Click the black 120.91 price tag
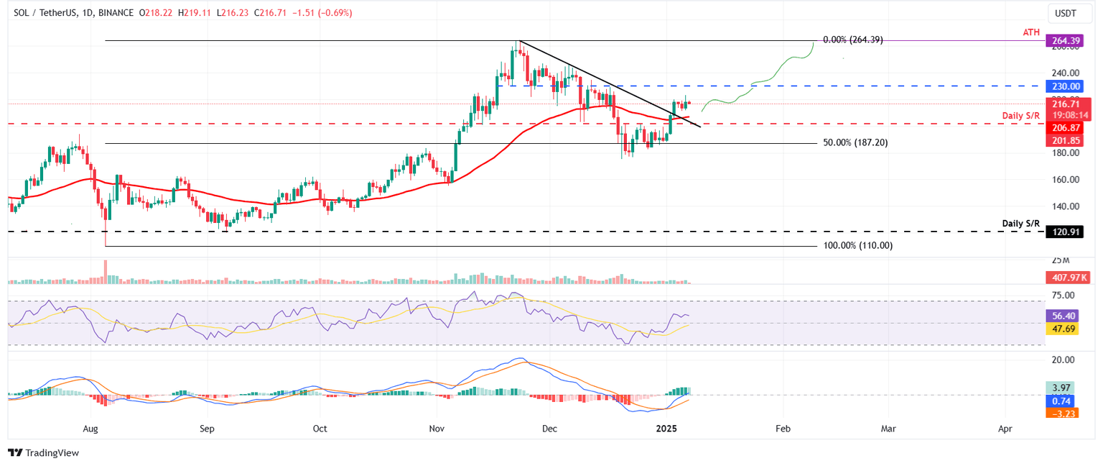1064,232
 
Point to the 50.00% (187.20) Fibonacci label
855,143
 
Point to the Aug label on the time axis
90,429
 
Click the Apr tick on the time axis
1005,429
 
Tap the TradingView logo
43,453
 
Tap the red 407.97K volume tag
1064,277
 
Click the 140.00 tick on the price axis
1064,206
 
